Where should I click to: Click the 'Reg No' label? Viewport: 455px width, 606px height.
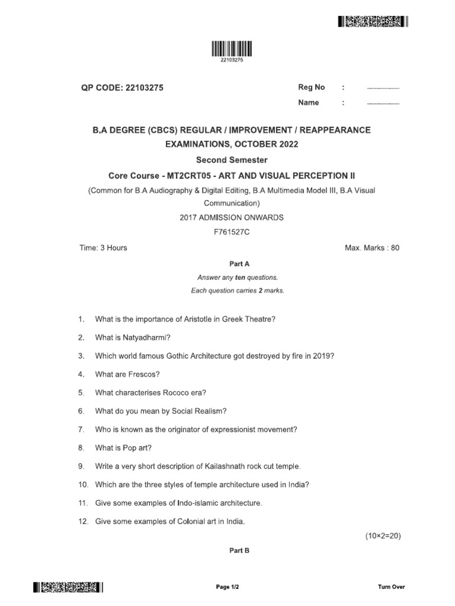(x=312, y=87)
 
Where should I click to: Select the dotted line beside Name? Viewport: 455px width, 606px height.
(x=383, y=104)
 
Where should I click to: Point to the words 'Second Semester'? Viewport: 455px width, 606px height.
(x=232, y=160)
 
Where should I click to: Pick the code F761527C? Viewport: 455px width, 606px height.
(x=232, y=232)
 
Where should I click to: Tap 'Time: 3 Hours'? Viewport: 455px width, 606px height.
(x=103, y=247)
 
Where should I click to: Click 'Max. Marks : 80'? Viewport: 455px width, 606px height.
(x=372, y=247)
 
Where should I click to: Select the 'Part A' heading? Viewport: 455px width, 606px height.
(x=232, y=264)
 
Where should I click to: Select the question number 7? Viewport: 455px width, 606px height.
(x=81, y=429)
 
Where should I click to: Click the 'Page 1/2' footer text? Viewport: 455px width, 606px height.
(x=227, y=587)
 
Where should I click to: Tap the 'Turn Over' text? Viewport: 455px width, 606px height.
(x=391, y=587)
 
